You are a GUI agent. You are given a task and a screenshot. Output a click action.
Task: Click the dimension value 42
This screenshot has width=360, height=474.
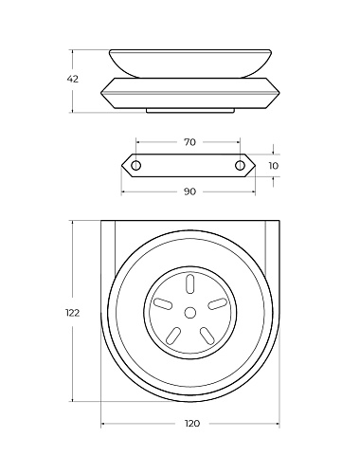coord(72,79)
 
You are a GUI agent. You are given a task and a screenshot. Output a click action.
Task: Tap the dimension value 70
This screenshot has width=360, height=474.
coord(189,142)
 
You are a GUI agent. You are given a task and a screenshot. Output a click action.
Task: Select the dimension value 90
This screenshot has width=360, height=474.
coord(189,191)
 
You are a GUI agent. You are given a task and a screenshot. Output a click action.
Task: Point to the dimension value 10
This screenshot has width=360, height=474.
coord(274,166)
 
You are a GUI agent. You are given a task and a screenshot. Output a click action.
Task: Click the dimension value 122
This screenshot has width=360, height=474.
coord(72,313)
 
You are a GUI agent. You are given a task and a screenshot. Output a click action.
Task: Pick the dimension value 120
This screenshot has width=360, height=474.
coord(192,423)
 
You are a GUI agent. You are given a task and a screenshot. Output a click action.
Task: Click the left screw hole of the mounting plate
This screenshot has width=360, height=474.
coord(136,165)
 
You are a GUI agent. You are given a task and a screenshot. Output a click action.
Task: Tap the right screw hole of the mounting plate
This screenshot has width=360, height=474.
coord(240,165)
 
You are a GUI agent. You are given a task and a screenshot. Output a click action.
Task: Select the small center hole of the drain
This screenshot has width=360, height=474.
coord(189,313)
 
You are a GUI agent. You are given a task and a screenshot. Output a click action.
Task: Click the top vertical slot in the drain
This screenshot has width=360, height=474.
coord(189,283)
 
